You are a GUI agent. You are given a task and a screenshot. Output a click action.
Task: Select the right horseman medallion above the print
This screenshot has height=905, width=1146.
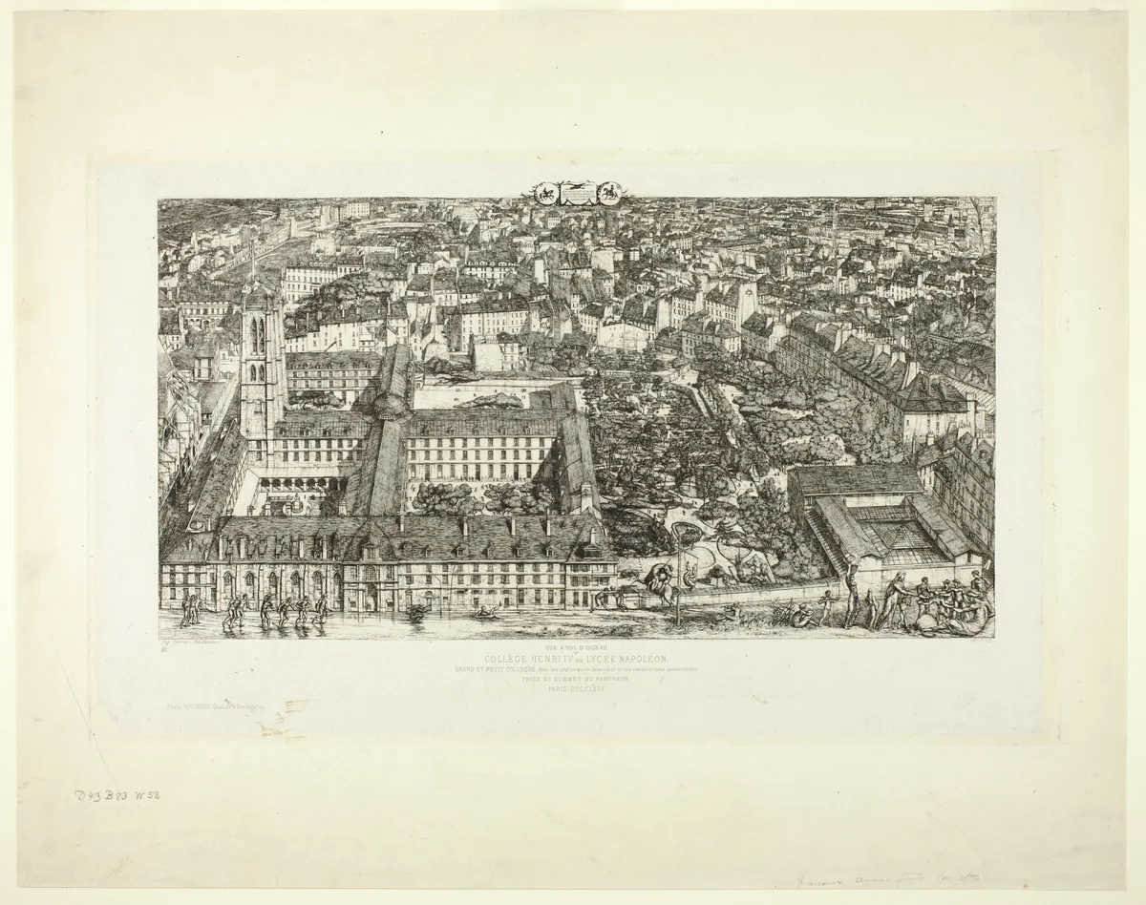click(607, 192)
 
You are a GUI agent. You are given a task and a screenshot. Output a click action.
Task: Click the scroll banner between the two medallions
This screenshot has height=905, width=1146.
click(577, 194)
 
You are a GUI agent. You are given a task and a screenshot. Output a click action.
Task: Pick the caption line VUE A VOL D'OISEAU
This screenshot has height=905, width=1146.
click(575, 645)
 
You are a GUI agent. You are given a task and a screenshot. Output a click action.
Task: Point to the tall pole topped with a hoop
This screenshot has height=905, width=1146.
click(679, 573)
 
